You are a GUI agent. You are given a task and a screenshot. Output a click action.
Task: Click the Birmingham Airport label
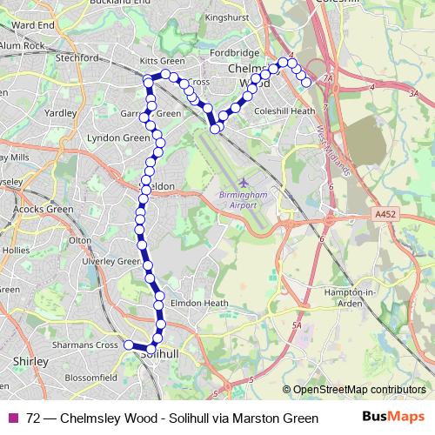pos(238,199)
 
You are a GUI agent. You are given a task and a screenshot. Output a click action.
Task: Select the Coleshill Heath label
pos(284,111)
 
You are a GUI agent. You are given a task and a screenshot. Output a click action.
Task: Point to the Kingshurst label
pos(228,17)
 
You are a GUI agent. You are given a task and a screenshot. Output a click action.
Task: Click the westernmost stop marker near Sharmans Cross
pos(129,345)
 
